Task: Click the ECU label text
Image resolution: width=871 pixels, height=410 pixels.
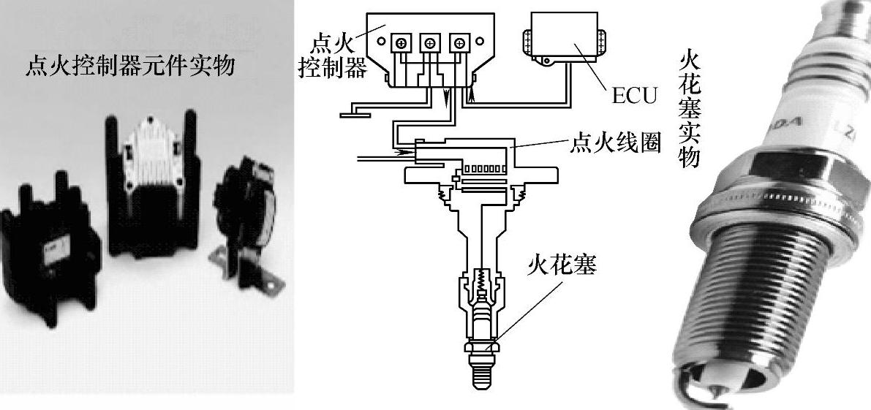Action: [x=634, y=95]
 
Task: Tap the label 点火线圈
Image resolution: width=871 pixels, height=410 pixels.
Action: [x=616, y=144]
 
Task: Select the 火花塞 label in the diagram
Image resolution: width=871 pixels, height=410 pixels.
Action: [x=562, y=266]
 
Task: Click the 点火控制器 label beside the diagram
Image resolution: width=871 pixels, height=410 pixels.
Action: [x=333, y=56]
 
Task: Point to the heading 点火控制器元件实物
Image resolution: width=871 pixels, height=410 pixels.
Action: [x=130, y=67]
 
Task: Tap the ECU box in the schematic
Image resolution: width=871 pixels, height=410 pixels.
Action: [x=562, y=37]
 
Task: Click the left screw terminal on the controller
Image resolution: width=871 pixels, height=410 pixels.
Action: [x=400, y=42]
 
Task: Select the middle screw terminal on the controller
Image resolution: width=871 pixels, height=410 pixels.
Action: [x=429, y=42]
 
